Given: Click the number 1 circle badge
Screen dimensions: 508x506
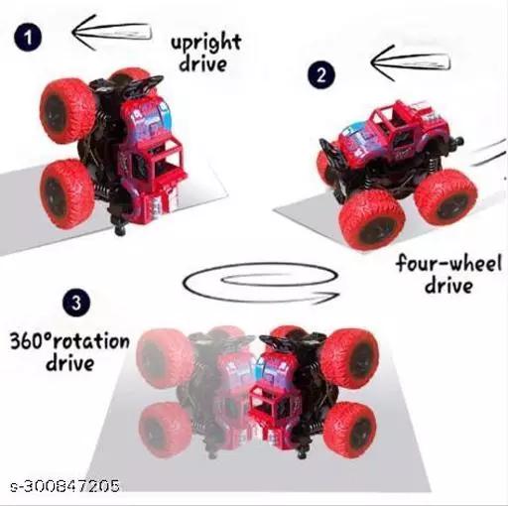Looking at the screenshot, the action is click(x=28, y=37).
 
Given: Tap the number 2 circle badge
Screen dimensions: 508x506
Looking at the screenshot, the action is click(x=321, y=74).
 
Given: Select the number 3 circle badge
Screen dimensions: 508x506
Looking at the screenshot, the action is click(x=76, y=303).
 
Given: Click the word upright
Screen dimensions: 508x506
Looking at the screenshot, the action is click(x=205, y=43).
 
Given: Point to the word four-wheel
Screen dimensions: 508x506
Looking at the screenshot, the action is click(x=448, y=263).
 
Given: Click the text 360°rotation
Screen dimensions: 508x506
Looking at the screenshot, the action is click(x=69, y=340).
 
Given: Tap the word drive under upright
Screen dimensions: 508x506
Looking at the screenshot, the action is click(x=203, y=63).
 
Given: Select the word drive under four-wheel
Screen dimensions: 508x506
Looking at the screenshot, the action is click(x=448, y=286).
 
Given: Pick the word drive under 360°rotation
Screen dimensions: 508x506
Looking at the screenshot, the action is click(x=69, y=363).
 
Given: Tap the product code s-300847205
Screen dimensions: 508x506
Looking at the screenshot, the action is click(x=64, y=486).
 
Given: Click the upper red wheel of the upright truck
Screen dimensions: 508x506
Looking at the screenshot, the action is click(x=67, y=110).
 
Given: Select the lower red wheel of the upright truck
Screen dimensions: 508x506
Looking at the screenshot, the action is click(x=66, y=194).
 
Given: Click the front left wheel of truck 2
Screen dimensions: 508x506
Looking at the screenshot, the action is click(x=372, y=220).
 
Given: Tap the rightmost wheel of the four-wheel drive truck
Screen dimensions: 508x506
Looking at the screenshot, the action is click(x=445, y=198).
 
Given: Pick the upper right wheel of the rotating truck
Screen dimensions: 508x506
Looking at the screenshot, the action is click(x=350, y=359).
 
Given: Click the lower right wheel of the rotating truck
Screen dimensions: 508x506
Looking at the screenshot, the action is click(x=350, y=430).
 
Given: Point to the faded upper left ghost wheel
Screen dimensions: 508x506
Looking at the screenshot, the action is click(x=165, y=359).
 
